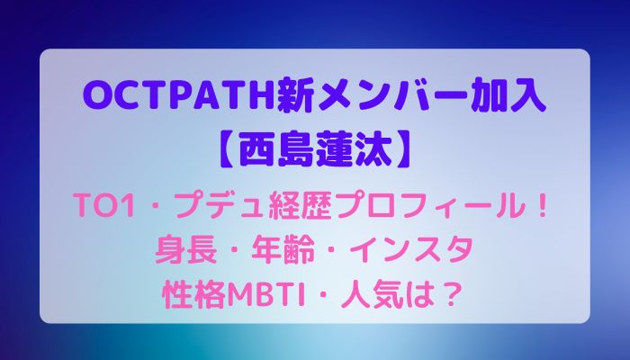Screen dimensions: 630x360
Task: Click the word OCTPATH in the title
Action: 180,97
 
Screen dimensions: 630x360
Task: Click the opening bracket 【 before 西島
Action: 229,151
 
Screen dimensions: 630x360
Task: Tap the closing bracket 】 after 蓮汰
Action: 402,151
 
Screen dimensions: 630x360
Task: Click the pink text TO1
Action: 105,207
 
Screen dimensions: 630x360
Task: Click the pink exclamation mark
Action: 542,207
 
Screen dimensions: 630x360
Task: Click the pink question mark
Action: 449,295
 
